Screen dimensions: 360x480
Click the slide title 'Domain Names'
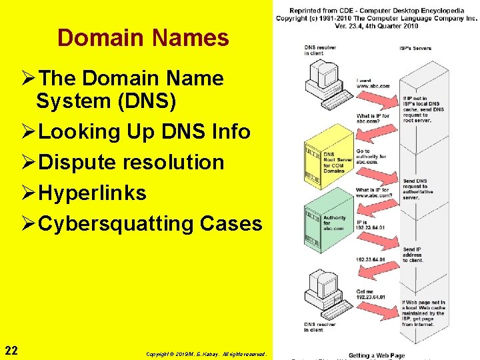pyautogui.click(x=143, y=38)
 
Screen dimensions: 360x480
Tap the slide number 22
pyautogui.click(x=11, y=351)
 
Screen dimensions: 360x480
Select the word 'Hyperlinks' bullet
pyautogui.click(x=93, y=193)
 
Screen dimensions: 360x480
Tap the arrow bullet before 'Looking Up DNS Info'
pyautogui.click(x=28, y=131)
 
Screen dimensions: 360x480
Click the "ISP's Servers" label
pyautogui.click(x=415, y=48)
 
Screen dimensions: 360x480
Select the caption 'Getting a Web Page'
pyautogui.click(x=376, y=355)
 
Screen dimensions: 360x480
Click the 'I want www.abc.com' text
pyautogui.click(x=372, y=83)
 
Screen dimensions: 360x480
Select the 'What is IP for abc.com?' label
pyautogui.click(x=372, y=119)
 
